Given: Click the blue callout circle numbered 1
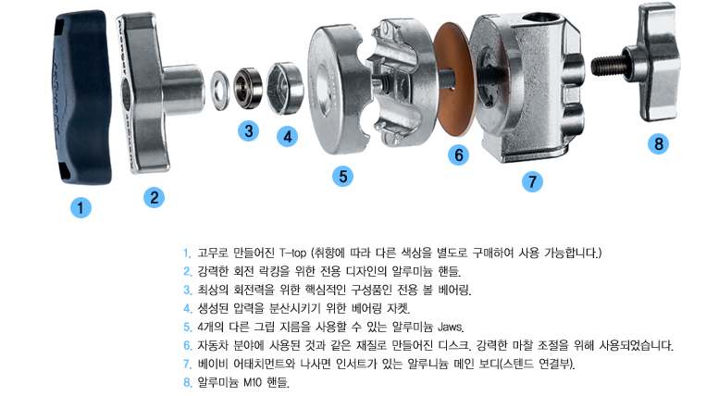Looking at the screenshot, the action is pos(81,207).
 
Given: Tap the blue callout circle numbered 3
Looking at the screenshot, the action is pos(249,131).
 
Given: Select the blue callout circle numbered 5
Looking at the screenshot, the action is pos(343,176).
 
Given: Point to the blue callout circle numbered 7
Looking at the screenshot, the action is pos(532,182).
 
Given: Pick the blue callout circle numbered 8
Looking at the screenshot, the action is pos(659,144).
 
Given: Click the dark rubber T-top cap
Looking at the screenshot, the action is pos(81,97).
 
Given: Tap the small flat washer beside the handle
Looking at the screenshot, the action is pos(220,90).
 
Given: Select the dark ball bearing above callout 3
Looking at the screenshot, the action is pos(248,88).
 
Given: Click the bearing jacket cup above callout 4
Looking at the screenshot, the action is pos(285,89).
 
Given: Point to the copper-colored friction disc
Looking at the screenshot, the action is pos(453,80).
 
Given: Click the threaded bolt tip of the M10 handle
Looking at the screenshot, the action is pos(608,65).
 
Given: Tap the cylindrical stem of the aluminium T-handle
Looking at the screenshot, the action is pos(182,90).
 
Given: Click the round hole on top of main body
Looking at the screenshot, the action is pos(542,19).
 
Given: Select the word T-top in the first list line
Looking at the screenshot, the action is pos(292,253).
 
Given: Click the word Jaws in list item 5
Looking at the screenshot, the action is pos(451,327).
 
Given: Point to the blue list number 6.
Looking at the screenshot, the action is pos(188,345).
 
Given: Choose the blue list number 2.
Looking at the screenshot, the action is pos(188,271).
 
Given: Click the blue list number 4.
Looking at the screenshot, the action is pos(188,308).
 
